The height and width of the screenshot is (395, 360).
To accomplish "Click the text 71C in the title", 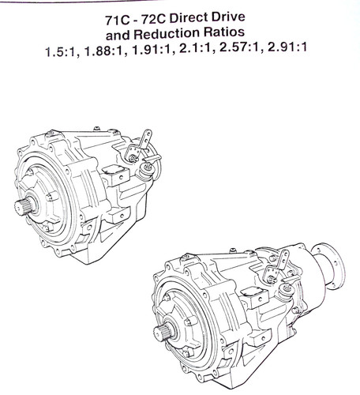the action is click(x=118, y=20).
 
